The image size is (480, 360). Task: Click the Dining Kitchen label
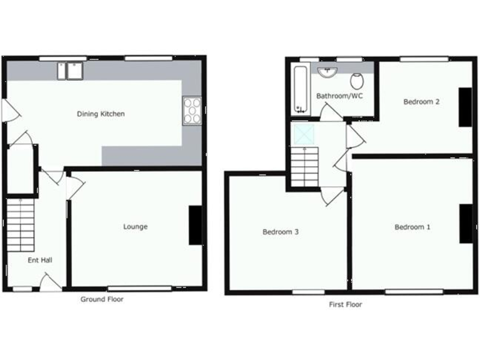tap(101, 114)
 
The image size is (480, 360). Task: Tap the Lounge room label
tap(135, 227)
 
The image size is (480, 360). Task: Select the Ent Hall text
tap(39, 260)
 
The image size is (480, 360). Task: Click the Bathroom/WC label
tap(339, 96)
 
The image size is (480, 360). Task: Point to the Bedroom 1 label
tap(412, 227)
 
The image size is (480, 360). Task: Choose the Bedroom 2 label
tap(421, 101)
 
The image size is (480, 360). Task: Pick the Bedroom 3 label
tap(280, 232)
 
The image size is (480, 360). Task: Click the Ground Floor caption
tap(102, 299)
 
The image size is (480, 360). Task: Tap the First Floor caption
tap(346, 305)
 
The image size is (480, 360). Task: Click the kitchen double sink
tap(71, 70)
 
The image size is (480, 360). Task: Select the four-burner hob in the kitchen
tap(192, 111)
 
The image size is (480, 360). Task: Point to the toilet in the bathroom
tap(357, 80)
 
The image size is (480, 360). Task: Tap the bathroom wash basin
tap(327, 72)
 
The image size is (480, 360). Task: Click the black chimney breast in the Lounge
tap(196, 224)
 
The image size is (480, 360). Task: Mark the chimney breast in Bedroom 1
tap(466, 223)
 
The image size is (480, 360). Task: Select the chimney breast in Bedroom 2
tap(466, 107)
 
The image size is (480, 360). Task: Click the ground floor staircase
tap(21, 224)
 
